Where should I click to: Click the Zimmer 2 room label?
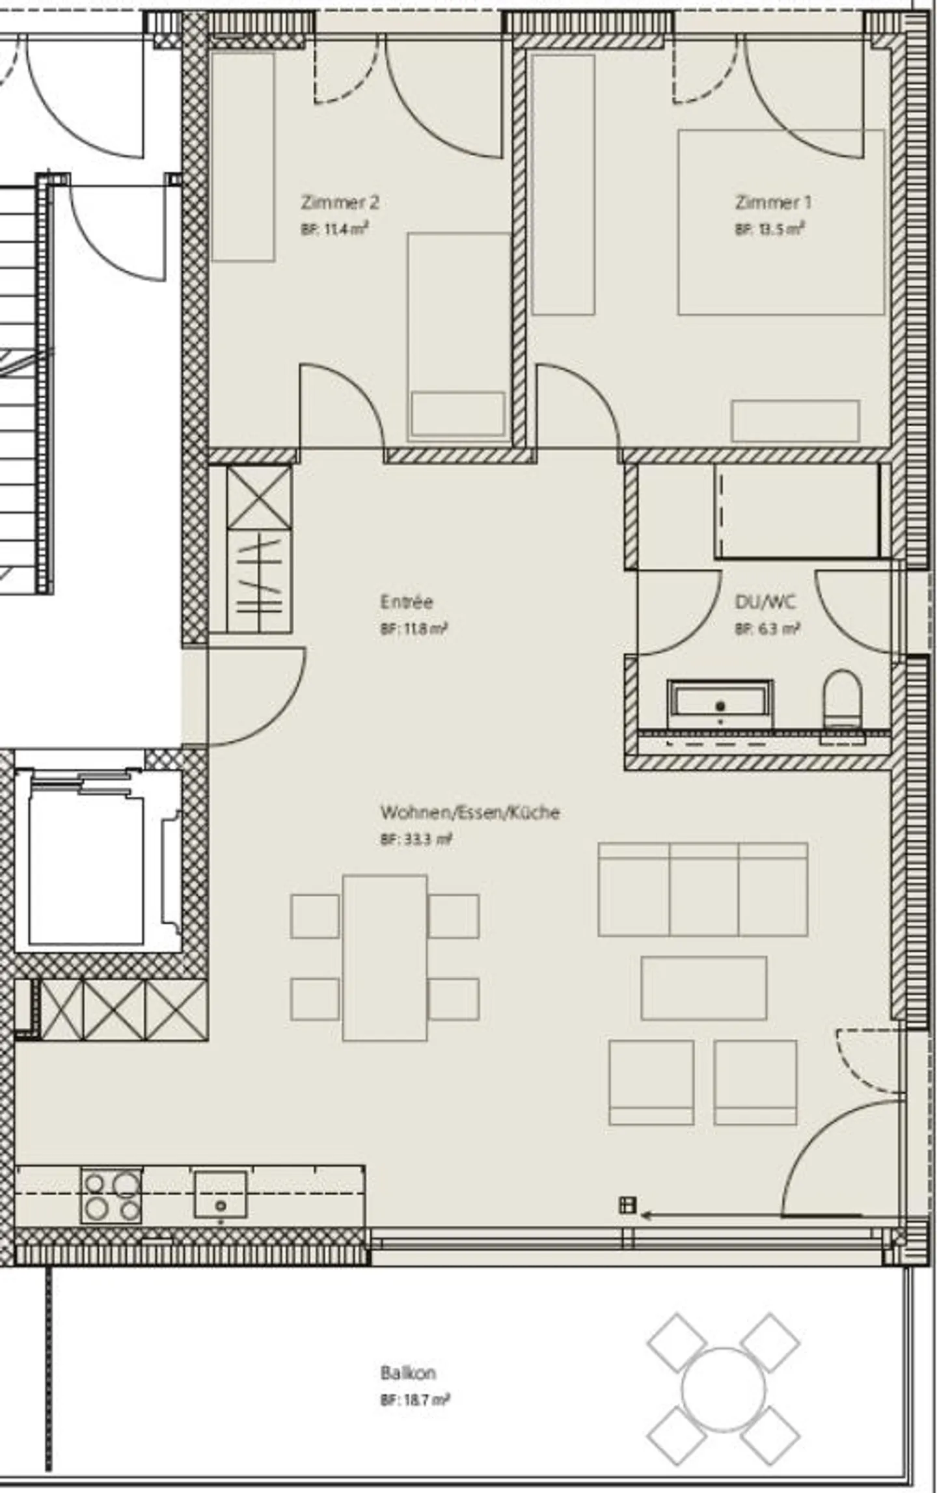339,202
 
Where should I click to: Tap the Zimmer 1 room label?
773,202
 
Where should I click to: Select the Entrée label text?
406,601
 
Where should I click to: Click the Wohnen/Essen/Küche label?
470,813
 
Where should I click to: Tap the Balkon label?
408,1373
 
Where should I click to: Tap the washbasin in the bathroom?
720,704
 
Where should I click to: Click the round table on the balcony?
724,1390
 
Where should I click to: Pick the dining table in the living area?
385,958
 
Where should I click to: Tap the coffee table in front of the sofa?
704,988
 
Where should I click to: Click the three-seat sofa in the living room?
703,889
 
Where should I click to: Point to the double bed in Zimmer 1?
781,222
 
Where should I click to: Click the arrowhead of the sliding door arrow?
645,1214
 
